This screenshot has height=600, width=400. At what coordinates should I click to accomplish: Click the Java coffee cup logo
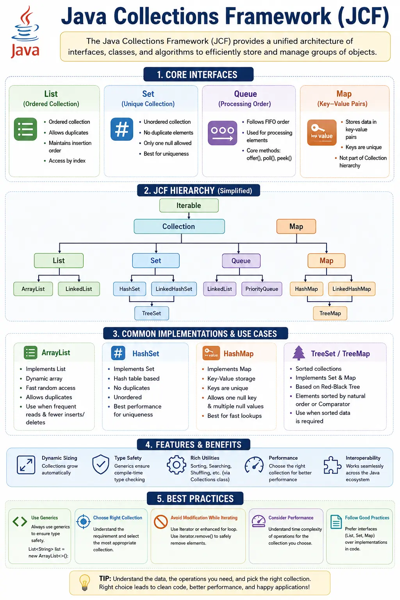(25, 32)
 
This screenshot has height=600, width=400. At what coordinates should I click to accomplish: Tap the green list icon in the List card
(25, 129)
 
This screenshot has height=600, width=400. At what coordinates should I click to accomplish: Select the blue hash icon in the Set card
(122, 129)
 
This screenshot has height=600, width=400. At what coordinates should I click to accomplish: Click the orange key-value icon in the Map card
(322, 132)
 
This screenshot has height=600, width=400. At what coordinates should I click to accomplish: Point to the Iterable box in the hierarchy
(189, 205)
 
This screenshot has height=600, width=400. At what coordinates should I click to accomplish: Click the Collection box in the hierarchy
(179, 226)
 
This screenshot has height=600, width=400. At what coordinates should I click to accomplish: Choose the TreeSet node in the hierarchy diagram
(152, 313)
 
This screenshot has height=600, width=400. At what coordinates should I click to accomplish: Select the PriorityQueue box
(262, 289)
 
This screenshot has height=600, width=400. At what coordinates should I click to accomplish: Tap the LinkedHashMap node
(352, 289)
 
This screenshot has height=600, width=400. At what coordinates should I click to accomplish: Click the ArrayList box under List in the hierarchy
(33, 289)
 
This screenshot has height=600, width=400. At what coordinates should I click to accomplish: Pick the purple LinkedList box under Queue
(220, 289)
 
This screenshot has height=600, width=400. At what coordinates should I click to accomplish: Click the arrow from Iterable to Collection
(189, 216)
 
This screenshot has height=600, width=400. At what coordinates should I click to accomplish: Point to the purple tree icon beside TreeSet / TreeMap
(299, 353)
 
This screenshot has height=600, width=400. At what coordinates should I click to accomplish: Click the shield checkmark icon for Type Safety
(101, 464)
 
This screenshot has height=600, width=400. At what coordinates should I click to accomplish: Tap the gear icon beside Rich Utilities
(176, 465)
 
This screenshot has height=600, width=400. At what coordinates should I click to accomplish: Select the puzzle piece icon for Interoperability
(332, 465)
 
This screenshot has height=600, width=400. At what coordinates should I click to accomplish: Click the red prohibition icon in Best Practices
(161, 522)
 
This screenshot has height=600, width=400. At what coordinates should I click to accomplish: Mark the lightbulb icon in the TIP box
(85, 582)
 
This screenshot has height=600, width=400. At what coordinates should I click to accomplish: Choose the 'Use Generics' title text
(45, 518)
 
